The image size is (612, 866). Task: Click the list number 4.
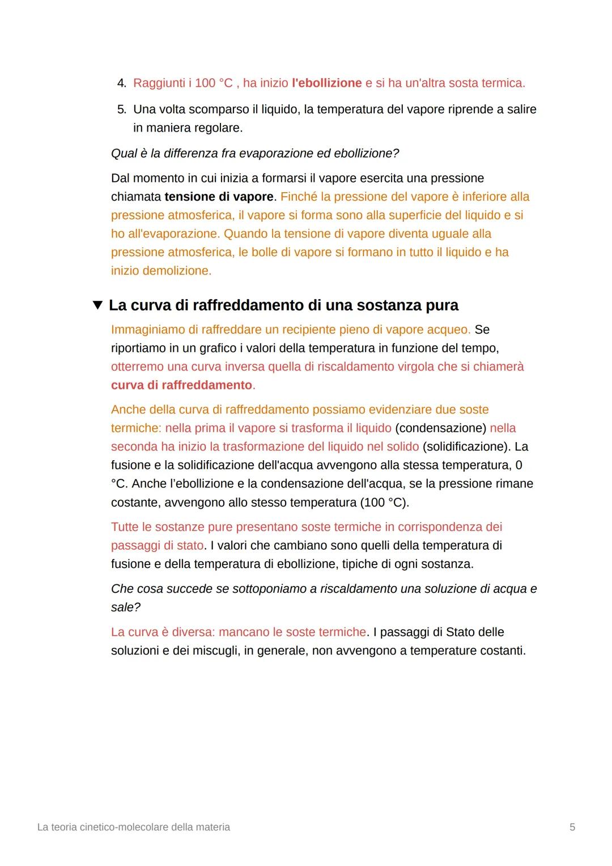click(x=121, y=83)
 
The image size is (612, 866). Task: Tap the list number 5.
click(x=121, y=109)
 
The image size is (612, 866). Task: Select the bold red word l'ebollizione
click(x=326, y=83)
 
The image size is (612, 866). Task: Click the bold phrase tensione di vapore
click(x=219, y=197)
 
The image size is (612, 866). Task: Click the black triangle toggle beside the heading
click(x=98, y=305)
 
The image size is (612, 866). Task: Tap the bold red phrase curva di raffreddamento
click(x=181, y=385)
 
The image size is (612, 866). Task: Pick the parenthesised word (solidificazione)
click(x=466, y=447)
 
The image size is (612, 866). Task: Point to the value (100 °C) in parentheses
click(x=384, y=503)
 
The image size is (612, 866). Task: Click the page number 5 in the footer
click(x=572, y=827)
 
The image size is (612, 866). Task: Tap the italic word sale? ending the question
click(x=126, y=608)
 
